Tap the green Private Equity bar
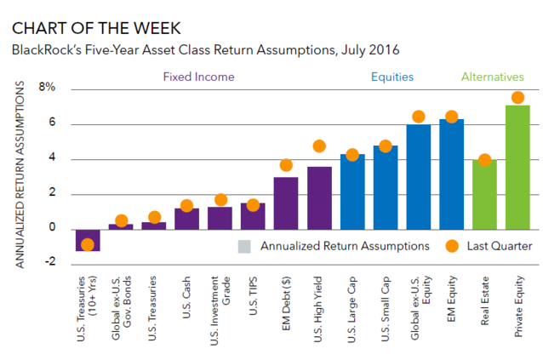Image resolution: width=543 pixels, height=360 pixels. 517,167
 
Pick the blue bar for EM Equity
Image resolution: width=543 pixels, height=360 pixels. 451,174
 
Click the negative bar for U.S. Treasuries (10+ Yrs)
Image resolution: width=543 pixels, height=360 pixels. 88,239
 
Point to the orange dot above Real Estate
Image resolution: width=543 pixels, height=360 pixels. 484,160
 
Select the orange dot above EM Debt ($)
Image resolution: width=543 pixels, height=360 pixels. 286,165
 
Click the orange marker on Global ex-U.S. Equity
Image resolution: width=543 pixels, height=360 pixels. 418,117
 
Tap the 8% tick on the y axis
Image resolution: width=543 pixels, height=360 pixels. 47,87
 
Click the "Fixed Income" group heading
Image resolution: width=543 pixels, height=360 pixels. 198,77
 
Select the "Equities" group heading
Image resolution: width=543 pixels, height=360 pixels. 392,77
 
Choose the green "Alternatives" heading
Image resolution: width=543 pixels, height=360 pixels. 492,77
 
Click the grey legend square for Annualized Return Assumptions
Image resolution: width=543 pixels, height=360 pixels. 244,247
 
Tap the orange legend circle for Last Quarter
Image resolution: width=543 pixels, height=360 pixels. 451,247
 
